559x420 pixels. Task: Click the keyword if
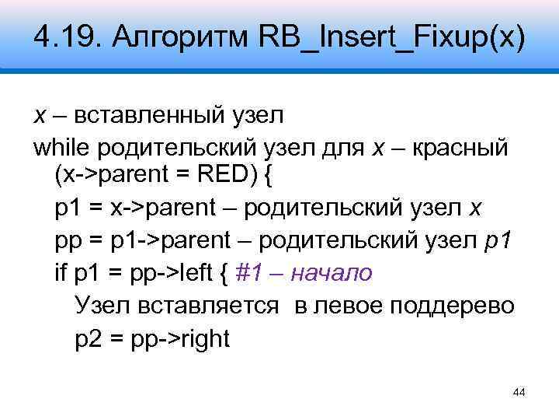(x=62, y=272)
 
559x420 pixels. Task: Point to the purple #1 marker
(x=251, y=272)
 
